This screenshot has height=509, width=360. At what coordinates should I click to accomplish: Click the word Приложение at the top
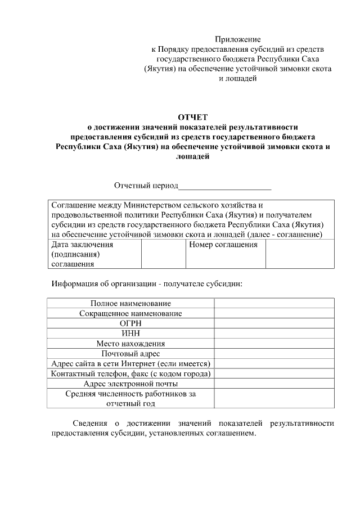click(237, 39)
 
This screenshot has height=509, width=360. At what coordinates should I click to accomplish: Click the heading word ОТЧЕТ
click(193, 117)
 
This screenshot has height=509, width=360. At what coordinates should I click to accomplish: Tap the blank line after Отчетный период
click(224, 186)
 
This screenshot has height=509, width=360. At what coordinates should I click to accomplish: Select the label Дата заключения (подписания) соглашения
click(82, 254)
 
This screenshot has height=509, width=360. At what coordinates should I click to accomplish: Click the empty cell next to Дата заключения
click(163, 254)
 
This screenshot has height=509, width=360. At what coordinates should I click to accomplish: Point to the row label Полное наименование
click(130, 303)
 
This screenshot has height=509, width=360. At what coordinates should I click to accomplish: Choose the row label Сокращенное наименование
click(130, 313)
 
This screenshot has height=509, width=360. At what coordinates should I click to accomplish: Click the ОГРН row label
click(130, 323)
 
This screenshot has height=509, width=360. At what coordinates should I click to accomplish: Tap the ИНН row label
click(130, 334)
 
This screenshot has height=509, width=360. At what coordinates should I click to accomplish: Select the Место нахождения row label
click(130, 344)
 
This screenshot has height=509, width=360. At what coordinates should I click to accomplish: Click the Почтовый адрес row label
click(130, 354)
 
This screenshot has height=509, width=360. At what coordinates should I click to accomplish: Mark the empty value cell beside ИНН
click(274, 334)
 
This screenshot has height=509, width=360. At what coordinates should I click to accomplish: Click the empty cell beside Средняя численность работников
click(274, 399)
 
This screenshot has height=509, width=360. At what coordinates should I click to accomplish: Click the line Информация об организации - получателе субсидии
click(147, 283)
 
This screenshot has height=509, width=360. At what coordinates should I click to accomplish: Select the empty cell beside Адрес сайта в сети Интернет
click(274, 364)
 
